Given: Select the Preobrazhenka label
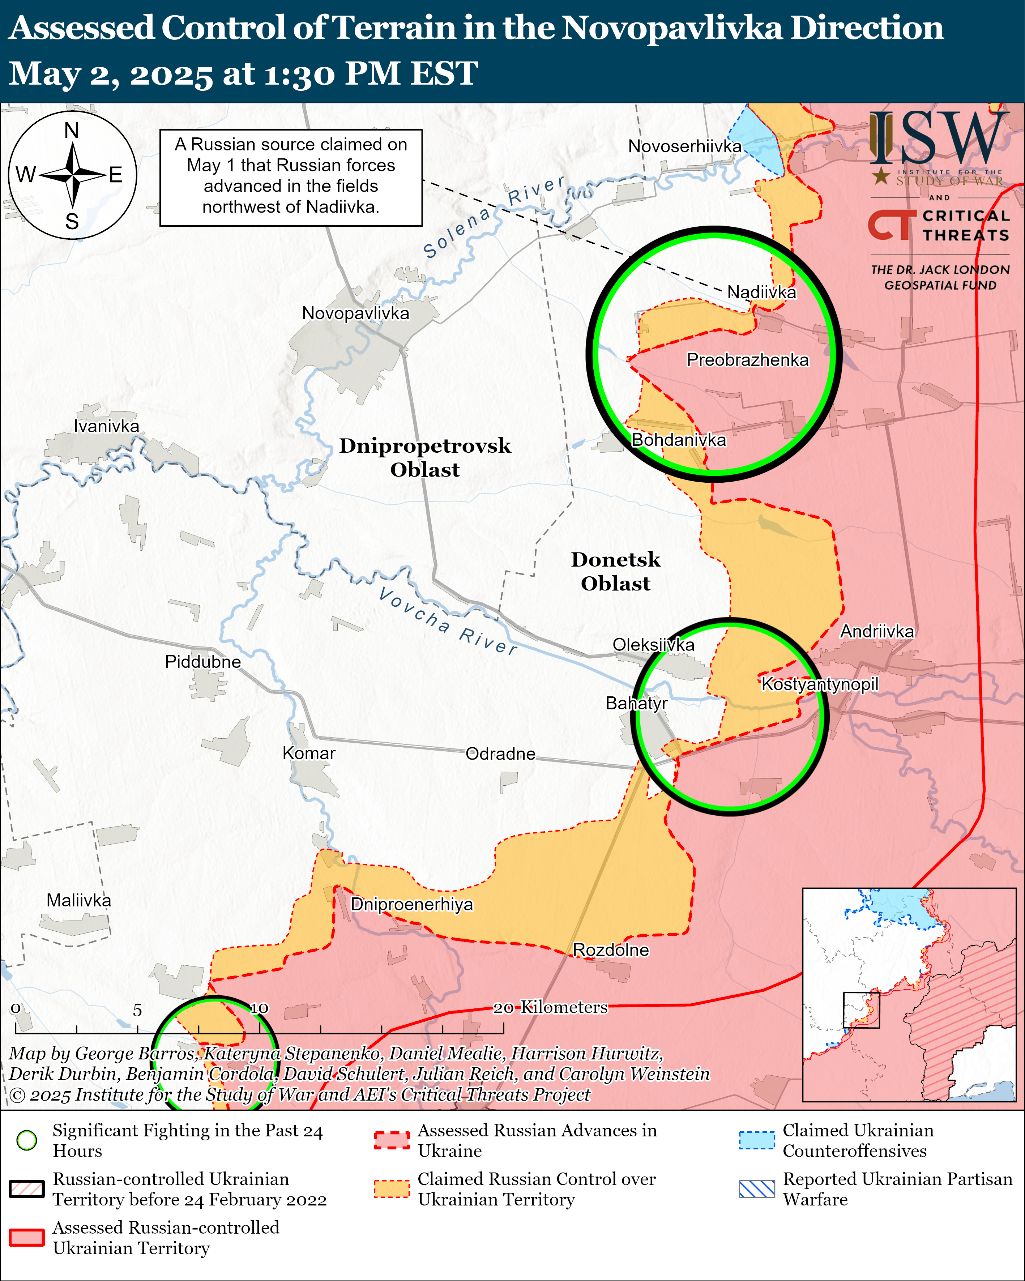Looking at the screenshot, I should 747,360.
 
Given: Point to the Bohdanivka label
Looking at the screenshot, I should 679,440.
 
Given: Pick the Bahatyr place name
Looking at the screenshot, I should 636,704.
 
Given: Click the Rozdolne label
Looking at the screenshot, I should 610,950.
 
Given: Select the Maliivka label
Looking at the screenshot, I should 78,900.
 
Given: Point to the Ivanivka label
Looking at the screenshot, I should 106,426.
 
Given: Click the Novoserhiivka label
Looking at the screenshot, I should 684,146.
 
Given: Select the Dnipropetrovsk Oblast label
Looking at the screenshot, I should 425,457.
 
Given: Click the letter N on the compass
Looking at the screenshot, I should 72,130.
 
